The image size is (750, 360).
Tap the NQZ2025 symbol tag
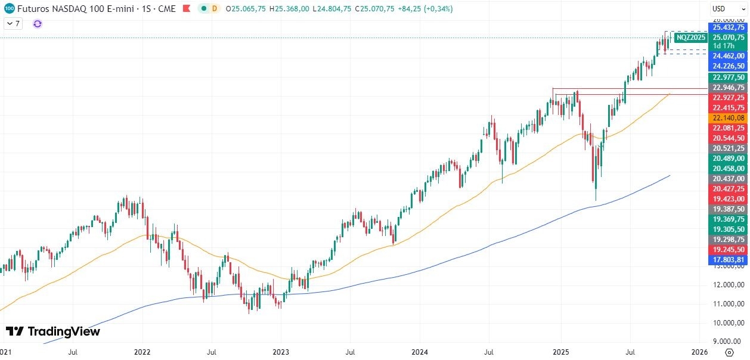click(x=690, y=38)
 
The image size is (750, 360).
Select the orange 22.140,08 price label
click(x=728, y=118)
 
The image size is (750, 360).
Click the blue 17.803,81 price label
click(x=728, y=260)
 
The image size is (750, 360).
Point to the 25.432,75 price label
click(x=728, y=27)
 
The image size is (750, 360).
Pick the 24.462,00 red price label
click(x=728, y=56)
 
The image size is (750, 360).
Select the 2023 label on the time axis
click(x=281, y=352)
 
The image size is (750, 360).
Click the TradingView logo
click(x=53, y=331)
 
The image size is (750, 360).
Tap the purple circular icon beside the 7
click(x=38, y=24)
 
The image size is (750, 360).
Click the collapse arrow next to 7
click(x=9, y=24)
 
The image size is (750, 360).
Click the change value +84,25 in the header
click(x=408, y=9)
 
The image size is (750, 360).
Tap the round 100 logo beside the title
click(x=9, y=9)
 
